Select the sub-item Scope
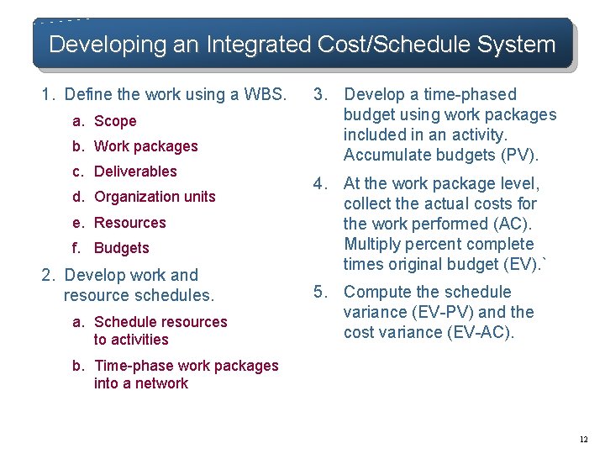tap(115, 121)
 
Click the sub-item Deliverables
tap(135, 172)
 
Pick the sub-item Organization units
tap(155, 197)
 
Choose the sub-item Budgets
tap(121, 248)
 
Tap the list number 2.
tap(47, 275)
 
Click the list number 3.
tap(319, 94)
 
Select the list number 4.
tap(319, 183)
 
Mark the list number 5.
tap(319, 292)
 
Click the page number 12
tap(583, 439)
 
